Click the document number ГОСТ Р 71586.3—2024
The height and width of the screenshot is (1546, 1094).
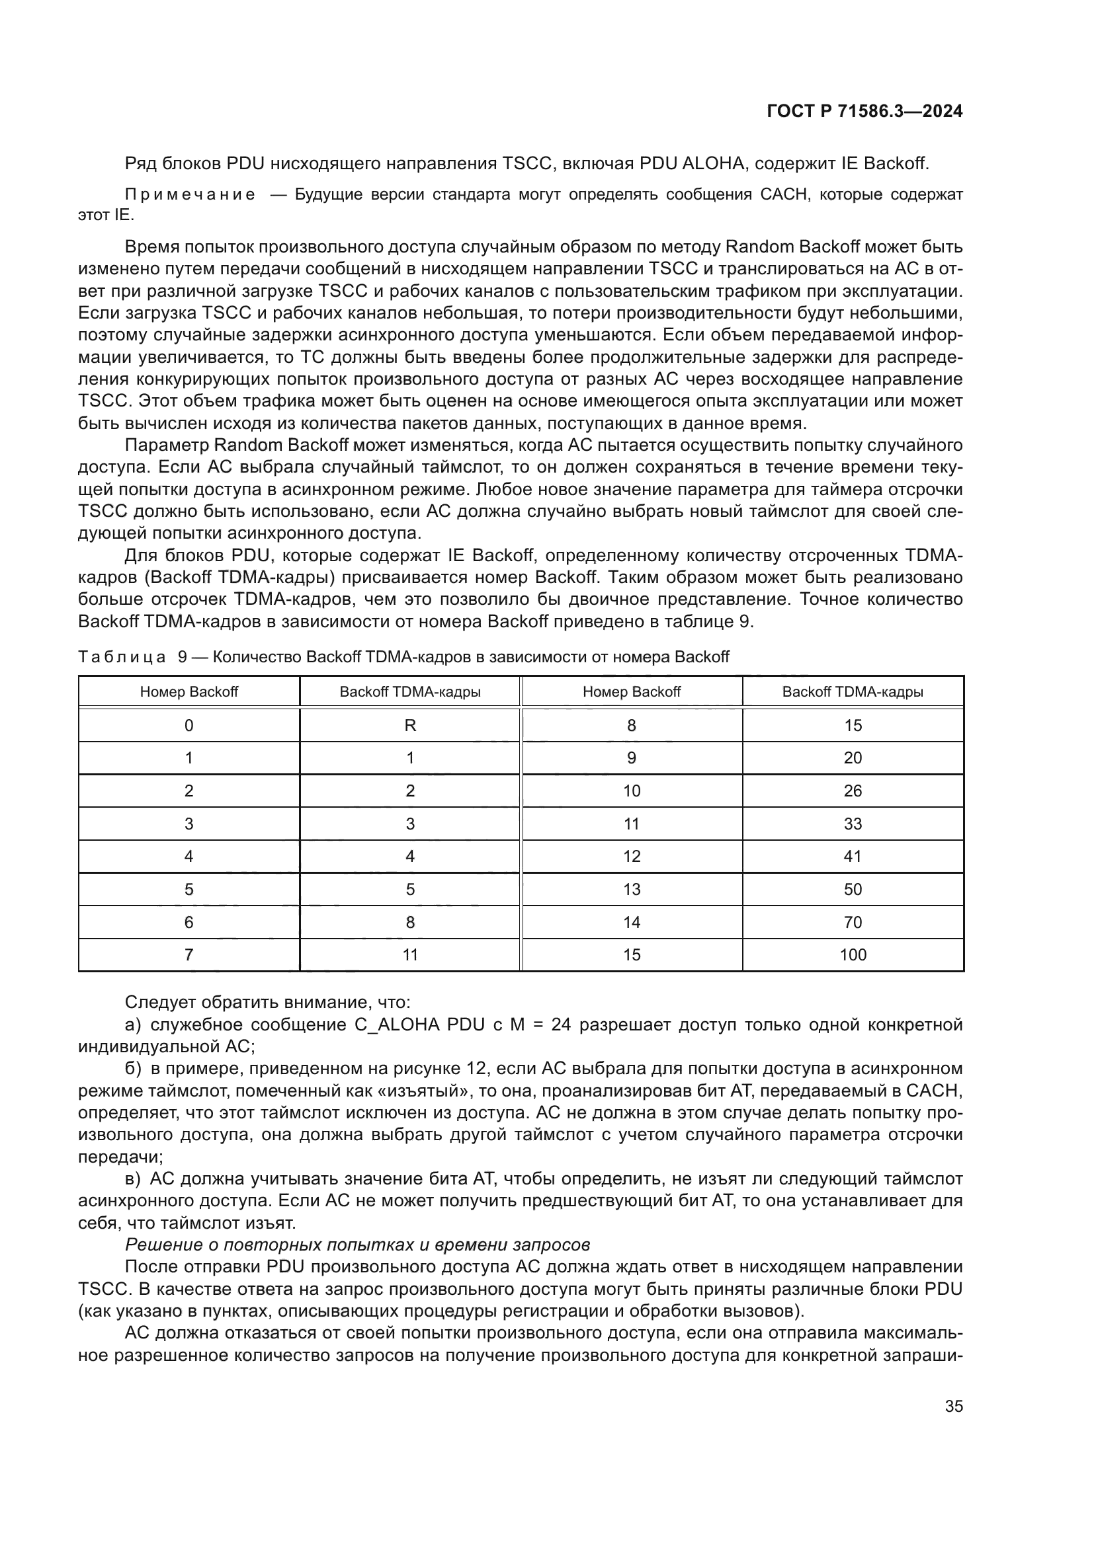pyautogui.click(x=864, y=112)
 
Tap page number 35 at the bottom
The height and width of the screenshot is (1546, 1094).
pyautogui.click(x=953, y=1406)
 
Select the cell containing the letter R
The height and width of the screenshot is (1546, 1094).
pyautogui.click(x=409, y=725)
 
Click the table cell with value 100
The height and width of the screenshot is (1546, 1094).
pyautogui.click(x=852, y=955)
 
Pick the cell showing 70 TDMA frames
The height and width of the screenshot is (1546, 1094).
pyautogui.click(x=852, y=922)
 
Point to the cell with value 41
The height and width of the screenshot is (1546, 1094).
pyautogui.click(x=852, y=857)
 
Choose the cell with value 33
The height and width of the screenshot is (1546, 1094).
pyautogui.click(x=852, y=824)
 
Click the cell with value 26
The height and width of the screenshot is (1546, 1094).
pyautogui.click(x=852, y=791)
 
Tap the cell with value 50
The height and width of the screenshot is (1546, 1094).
pyautogui.click(x=852, y=890)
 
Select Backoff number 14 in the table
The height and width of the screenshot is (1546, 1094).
pyautogui.click(x=631, y=922)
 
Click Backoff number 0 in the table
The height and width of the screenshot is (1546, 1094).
pyautogui.click(x=189, y=725)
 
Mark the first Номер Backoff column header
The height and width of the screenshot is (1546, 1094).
pyautogui.click(x=189, y=691)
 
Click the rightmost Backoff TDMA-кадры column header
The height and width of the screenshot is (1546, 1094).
pyautogui.click(x=852, y=691)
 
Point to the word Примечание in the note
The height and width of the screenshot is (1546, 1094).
pyautogui.click(x=190, y=195)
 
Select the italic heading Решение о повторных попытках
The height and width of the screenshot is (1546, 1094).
pyautogui.click(x=357, y=1245)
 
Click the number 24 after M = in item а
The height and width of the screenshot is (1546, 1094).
pyautogui.click(x=560, y=1025)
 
